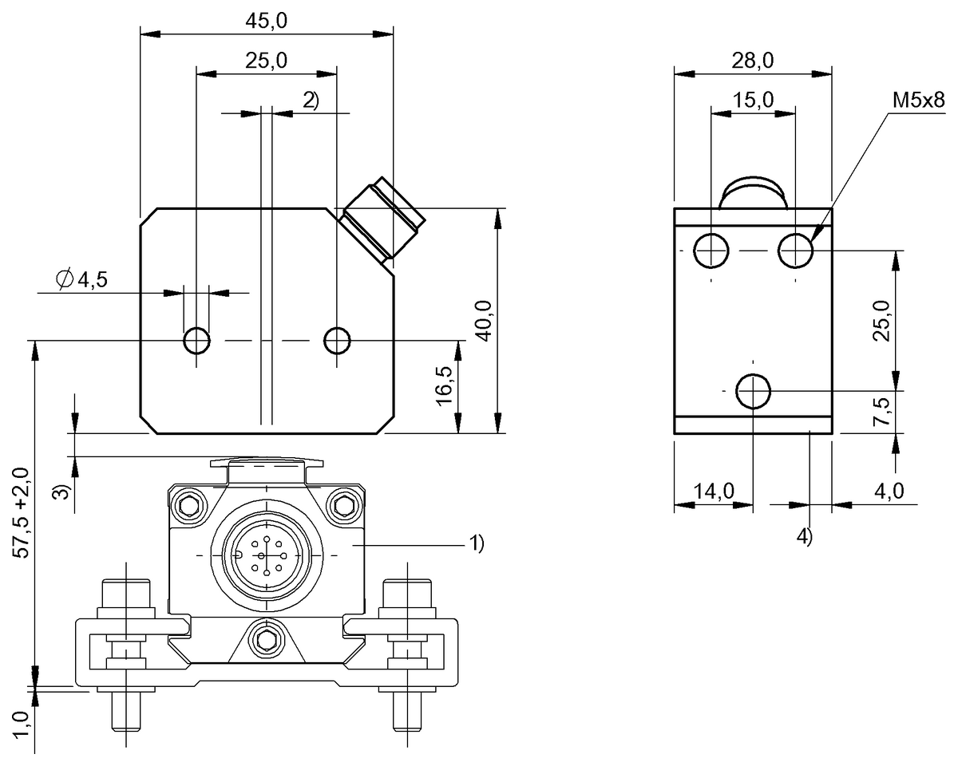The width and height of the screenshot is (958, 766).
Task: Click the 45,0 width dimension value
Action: pos(267,22)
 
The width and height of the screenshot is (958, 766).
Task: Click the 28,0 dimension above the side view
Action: pos(753,61)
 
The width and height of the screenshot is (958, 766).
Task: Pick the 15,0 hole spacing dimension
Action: pos(753,100)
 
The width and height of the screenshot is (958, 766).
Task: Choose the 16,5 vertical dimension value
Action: pos(445,387)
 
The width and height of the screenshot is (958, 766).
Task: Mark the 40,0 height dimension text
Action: pos(484,321)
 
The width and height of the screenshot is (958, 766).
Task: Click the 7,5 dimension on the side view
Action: pos(881,412)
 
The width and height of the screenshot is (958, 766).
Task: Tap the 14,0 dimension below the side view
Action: pos(713,491)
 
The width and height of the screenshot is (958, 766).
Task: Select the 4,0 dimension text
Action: pos(889,491)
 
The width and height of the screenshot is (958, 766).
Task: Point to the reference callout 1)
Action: pos(476,543)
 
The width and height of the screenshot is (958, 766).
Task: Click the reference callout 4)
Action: pos(804,536)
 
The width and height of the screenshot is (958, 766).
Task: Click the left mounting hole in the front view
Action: pos(196,341)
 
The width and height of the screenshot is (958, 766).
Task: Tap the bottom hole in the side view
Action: pos(753,391)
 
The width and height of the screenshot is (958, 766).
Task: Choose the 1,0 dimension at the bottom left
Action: pos(22,728)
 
